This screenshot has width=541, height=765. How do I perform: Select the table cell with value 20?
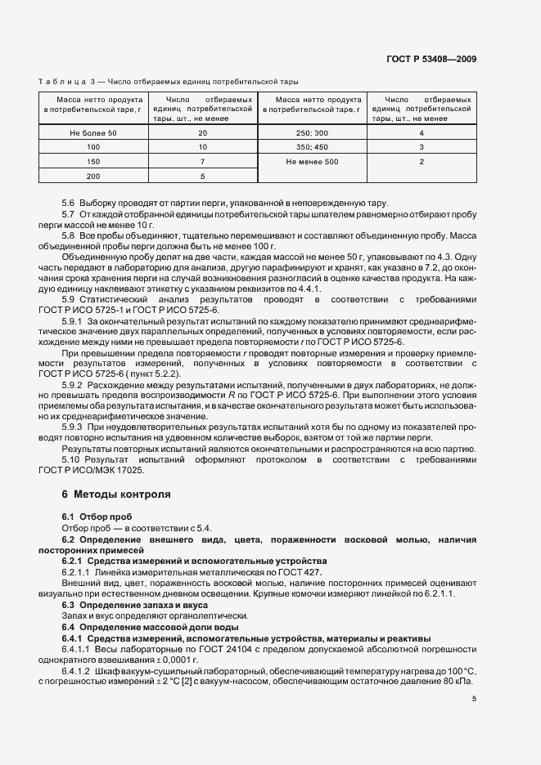(202, 132)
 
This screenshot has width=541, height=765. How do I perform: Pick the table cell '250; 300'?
(311, 132)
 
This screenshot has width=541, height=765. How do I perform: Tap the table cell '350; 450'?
(311, 147)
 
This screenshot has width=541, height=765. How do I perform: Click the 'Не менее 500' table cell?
(311, 162)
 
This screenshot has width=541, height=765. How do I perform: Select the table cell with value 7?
(202, 162)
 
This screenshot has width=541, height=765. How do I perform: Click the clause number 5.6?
(69, 203)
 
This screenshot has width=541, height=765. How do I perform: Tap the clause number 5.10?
(71, 459)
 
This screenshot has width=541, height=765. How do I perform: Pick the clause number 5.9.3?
(74, 427)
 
